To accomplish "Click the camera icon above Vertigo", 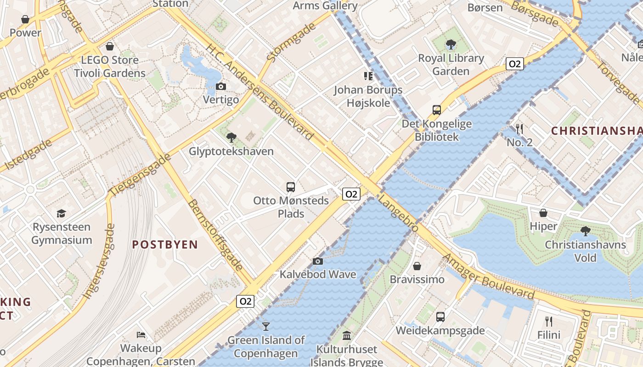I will (x=221, y=86).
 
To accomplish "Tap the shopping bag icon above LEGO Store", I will (x=110, y=46).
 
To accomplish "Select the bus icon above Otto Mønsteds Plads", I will (x=291, y=187).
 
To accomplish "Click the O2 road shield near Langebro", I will (x=351, y=194).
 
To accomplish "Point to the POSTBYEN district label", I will (x=165, y=245).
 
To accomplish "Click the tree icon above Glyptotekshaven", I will (x=231, y=137).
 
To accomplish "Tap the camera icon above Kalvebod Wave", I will (x=317, y=261).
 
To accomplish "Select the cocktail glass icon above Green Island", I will (x=265, y=327).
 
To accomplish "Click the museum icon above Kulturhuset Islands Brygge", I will (x=347, y=336).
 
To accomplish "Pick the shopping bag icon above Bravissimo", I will (x=417, y=266).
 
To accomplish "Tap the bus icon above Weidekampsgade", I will (x=440, y=317).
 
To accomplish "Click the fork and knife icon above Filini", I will (x=549, y=321).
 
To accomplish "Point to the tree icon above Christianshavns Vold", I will (x=585, y=231).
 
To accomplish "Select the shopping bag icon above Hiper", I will (x=543, y=213).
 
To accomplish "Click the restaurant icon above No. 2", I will (x=519, y=128).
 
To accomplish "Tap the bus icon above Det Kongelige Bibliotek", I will (x=436, y=110).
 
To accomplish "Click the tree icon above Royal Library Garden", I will (x=451, y=44).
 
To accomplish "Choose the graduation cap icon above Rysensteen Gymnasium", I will (x=62, y=213).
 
